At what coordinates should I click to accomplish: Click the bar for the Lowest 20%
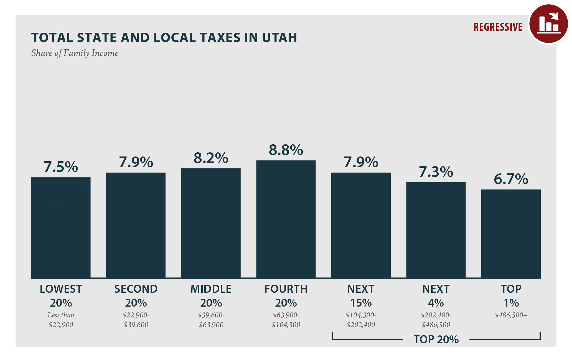pos(61,227)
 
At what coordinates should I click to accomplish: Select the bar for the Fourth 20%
pos(286,219)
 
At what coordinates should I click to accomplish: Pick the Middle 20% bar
pos(211,223)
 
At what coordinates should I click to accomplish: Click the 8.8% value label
pos(286,150)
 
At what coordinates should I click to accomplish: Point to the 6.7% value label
pos(511,179)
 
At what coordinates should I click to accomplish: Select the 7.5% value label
pos(61,167)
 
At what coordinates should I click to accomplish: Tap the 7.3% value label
pos(436,172)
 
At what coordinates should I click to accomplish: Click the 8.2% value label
pos(211,158)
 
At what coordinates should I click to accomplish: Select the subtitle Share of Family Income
pos(75,53)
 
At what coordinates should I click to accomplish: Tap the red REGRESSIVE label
pos(498,27)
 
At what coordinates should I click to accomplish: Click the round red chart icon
pos(548,24)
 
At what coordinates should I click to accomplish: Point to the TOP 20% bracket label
pos(436,339)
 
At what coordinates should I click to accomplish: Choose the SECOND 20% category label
pos(136,296)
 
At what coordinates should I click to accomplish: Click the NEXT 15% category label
pos(361,296)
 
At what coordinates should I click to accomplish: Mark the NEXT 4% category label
pos(436,296)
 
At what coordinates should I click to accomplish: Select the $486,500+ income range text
pos(511,315)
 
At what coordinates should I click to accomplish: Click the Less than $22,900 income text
pos(61,320)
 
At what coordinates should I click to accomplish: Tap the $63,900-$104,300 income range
pos(286,320)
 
